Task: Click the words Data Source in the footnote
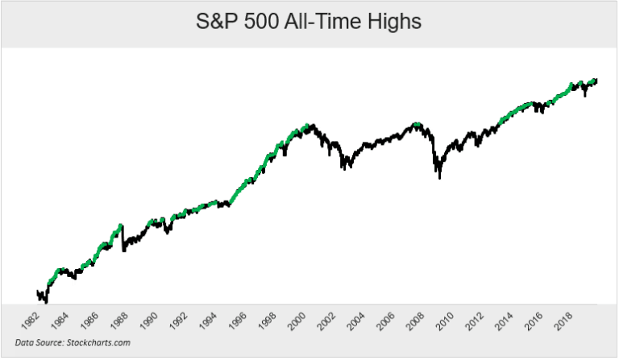(40, 342)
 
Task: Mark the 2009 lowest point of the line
(439, 176)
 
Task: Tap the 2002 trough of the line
(343, 168)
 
